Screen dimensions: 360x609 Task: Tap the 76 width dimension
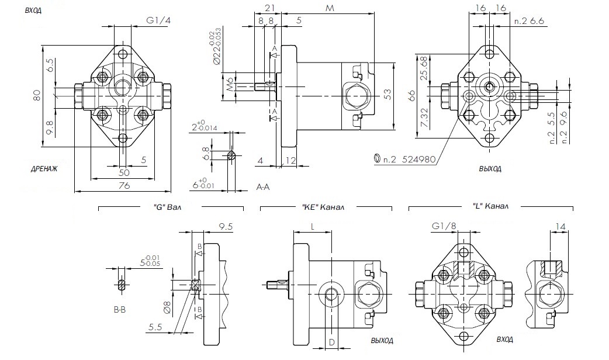tap(123, 186)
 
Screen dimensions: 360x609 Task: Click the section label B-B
tap(119, 309)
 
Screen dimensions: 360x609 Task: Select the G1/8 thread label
tap(444, 226)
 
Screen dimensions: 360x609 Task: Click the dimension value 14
tap(560, 226)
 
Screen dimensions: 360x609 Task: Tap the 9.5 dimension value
tap(224, 226)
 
